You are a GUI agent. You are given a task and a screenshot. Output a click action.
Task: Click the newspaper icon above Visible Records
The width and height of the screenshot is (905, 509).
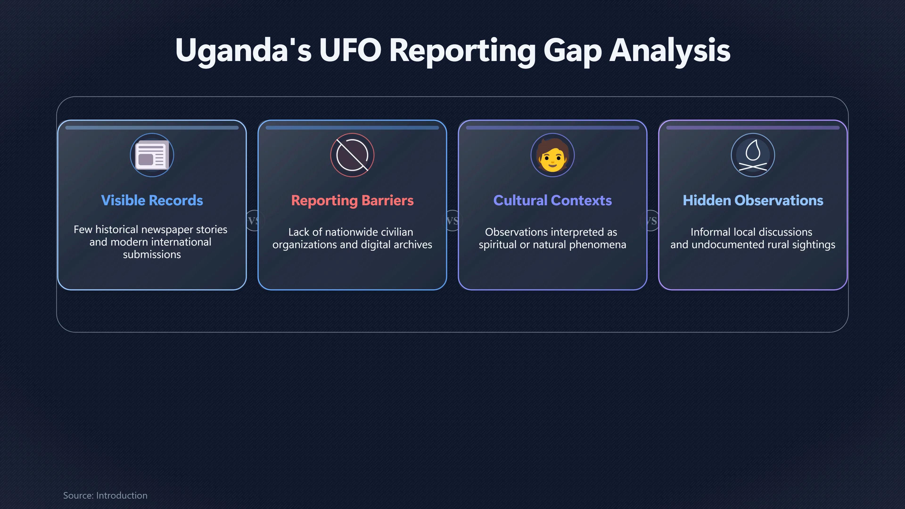(x=152, y=155)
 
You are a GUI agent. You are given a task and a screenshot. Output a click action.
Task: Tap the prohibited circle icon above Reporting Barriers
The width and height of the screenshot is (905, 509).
(x=352, y=155)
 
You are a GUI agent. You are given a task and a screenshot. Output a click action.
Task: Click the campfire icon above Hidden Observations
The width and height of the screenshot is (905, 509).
(x=753, y=155)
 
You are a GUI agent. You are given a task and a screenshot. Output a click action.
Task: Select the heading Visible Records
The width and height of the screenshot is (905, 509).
(x=152, y=200)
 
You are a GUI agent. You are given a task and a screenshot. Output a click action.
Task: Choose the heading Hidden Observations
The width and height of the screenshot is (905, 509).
(x=753, y=200)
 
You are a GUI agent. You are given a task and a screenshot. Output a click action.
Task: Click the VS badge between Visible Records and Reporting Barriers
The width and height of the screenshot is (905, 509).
(x=253, y=221)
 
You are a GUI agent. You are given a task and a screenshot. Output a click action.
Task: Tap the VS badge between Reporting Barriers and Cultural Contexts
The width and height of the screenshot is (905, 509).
(x=452, y=221)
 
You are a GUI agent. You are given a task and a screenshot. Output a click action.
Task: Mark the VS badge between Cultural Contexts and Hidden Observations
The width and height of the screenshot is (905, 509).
(x=651, y=221)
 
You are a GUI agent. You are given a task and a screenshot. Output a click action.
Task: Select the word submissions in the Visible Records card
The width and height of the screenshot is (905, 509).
(x=152, y=254)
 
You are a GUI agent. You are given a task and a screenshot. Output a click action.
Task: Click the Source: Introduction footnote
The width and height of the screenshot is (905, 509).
(x=105, y=495)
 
